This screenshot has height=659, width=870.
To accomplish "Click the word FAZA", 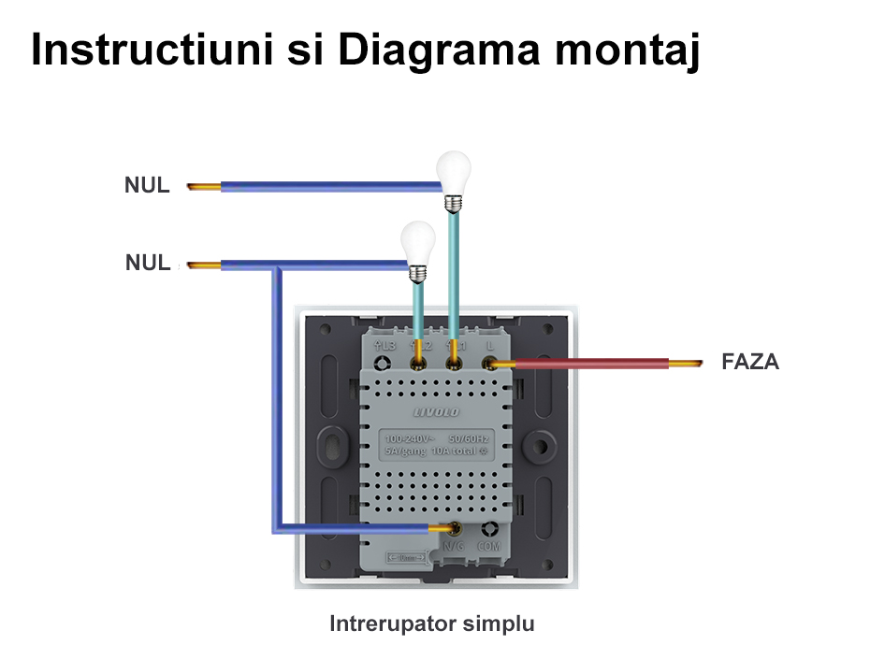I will tap(750, 362).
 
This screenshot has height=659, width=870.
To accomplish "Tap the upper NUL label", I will tap(147, 185).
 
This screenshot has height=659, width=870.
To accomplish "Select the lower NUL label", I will tap(148, 263).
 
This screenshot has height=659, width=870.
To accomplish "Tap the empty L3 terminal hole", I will tap(383, 363).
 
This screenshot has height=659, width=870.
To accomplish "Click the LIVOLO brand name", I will tap(436, 411).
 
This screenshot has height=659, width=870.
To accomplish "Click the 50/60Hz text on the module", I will tap(469, 438).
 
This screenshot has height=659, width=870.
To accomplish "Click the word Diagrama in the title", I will tap(437, 51).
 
